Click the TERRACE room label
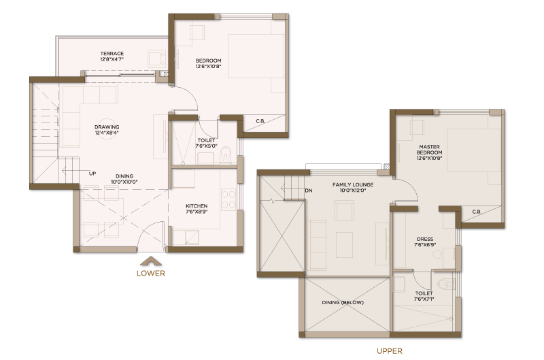tap(112, 54)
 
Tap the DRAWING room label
tap(107, 127)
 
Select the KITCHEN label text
tap(197, 206)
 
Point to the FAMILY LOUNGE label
tap(353, 184)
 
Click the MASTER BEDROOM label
tap(430, 150)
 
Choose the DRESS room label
tap(425, 239)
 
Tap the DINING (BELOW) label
tap(343, 302)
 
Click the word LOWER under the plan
tap(151, 273)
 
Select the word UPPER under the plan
tap(390, 351)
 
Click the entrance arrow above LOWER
tap(151, 261)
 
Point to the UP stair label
tap(92, 174)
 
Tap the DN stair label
tap(309, 191)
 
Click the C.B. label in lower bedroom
tap(260, 121)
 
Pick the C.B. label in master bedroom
tap(477, 212)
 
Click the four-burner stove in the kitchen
tap(228, 199)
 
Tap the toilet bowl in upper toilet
tap(445, 284)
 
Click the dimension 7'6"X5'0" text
tap(206, 146)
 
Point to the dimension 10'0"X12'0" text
tap(353, 191)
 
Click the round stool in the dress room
tap(437, 254)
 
